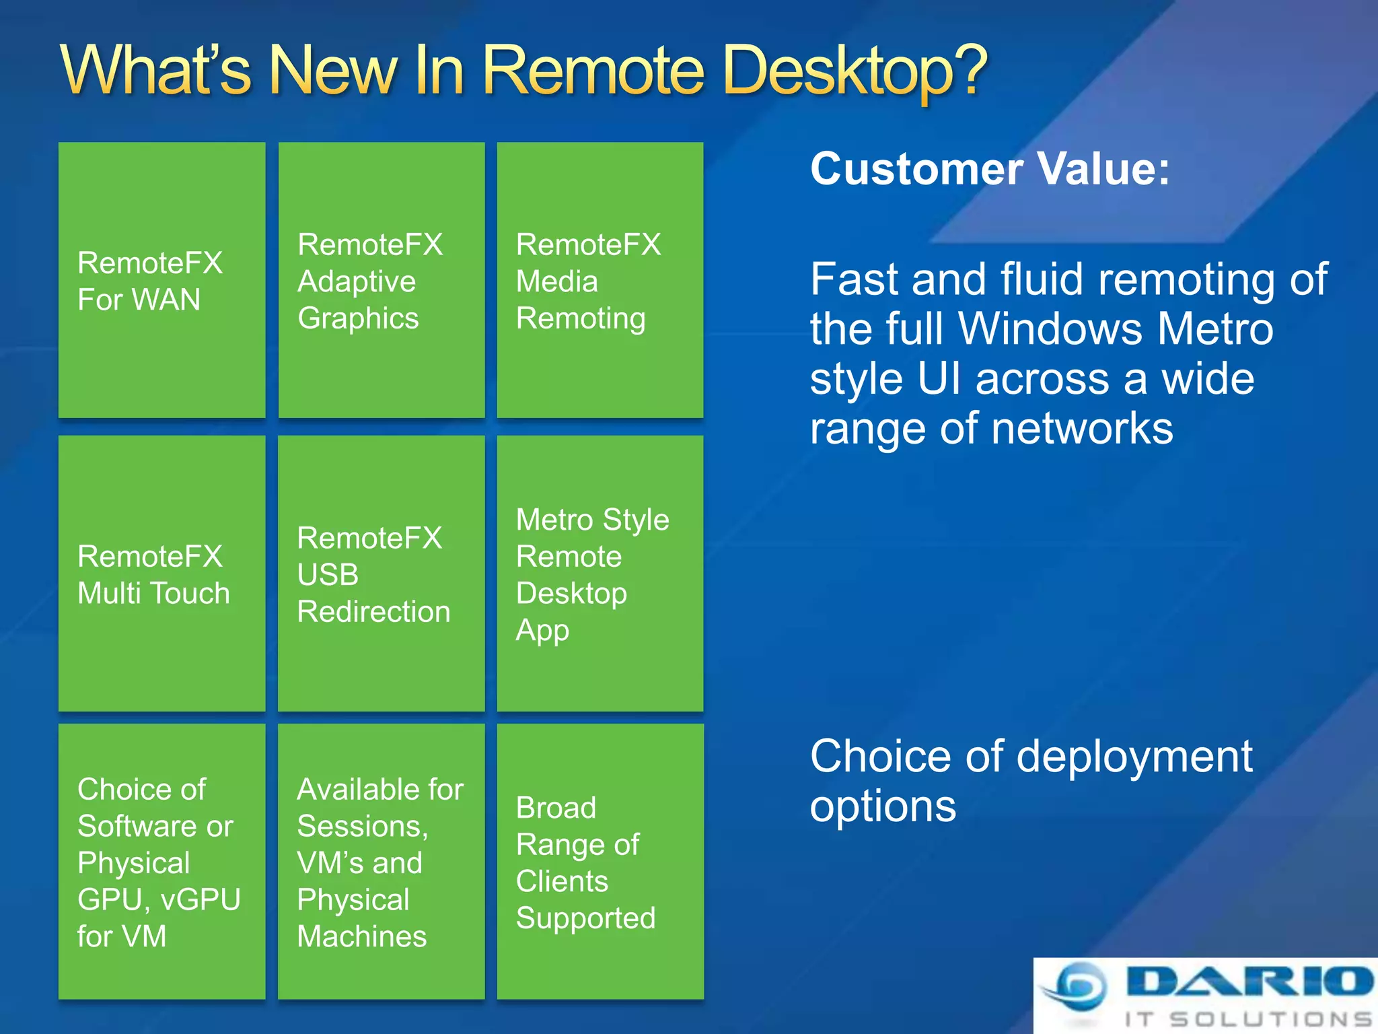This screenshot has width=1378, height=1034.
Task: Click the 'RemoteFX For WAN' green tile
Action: pos(161,280)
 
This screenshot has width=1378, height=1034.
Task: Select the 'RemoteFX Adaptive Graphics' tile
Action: pos(381,280)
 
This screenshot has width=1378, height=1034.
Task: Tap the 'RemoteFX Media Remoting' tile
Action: pos(600,280)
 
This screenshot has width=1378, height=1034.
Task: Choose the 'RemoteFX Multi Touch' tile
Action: pos(161,574)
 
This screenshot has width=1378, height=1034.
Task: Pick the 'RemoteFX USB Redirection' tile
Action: pos(381,574)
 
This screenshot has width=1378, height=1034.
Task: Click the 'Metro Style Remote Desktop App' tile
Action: pos(600,574)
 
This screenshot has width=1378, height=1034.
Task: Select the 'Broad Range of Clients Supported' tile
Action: pos(600,862)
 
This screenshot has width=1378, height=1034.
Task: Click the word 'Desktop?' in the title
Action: pos(855,71)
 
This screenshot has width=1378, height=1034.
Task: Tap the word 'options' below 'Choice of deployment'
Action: pos(883,806)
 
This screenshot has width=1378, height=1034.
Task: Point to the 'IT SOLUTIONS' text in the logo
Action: pos(1248,1019)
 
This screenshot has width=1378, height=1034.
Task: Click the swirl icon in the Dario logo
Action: pos(1077,987)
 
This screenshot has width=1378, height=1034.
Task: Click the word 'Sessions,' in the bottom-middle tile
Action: pos(362,827)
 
